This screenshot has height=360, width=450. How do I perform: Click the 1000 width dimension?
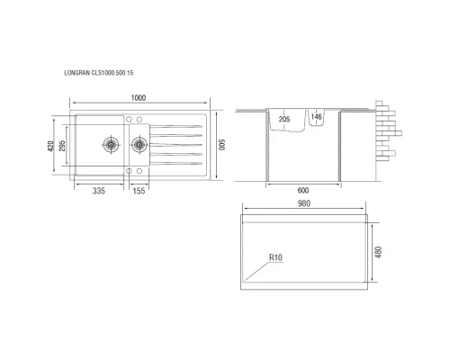point(137,98)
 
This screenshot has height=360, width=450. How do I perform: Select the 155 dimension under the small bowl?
point(139,191)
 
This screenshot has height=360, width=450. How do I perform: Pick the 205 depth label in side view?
point(284,119)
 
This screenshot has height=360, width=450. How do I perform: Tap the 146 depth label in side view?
point(317,118)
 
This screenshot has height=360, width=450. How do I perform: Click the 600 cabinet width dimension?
point(303,191)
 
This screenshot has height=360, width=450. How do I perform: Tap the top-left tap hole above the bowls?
point(128,120)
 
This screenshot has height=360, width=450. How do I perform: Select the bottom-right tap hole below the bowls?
point(139,169)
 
